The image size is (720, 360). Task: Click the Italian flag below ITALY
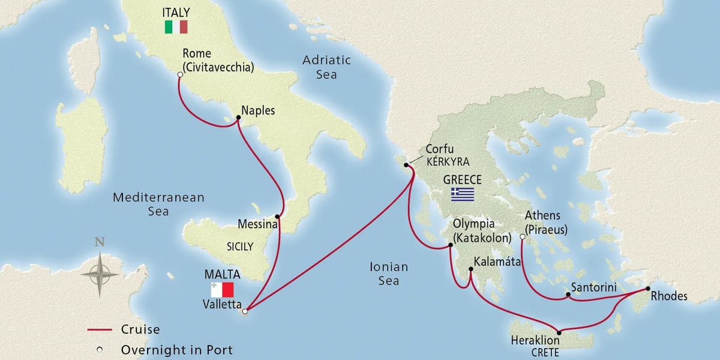(x=176, y=27)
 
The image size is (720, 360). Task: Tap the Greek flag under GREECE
(x=462, y=194)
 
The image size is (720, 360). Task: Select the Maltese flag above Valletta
(x=221, y=290)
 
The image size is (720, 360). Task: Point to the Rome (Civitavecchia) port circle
(x=179, y=74)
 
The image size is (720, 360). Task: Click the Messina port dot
(x=277, y=217)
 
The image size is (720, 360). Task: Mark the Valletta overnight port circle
(x=244, y=311)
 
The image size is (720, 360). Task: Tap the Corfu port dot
(x=406, y=165)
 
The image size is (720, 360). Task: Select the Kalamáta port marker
(x=470, y=269)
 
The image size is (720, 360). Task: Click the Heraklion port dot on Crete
(x=559, y=332)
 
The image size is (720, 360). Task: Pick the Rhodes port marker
(x=647, y=289)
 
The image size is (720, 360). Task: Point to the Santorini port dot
(x=568, y=295)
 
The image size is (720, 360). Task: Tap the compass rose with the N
(x=100, y=273)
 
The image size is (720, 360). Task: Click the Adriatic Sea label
(x=327, y=67)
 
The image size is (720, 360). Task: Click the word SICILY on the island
(x=240, y=246)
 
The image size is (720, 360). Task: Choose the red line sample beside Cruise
(x=100, y=329)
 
